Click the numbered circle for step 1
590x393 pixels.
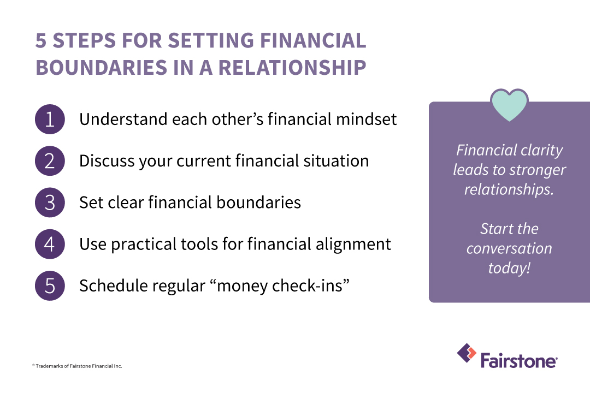coord(50,119)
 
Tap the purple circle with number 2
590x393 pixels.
coord(50,160)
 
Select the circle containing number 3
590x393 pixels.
coord(50,203)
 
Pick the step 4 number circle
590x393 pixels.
coord(50,244)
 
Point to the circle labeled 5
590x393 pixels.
coord(50,285)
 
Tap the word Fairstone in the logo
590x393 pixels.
coord(518,361)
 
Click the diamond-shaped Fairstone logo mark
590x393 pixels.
coord(467,353)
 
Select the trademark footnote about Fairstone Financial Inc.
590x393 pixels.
coord(77,366)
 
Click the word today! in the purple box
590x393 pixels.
coord(509,268)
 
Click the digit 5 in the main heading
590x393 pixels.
coord(41,41)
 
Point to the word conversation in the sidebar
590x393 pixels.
coord(509,248)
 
